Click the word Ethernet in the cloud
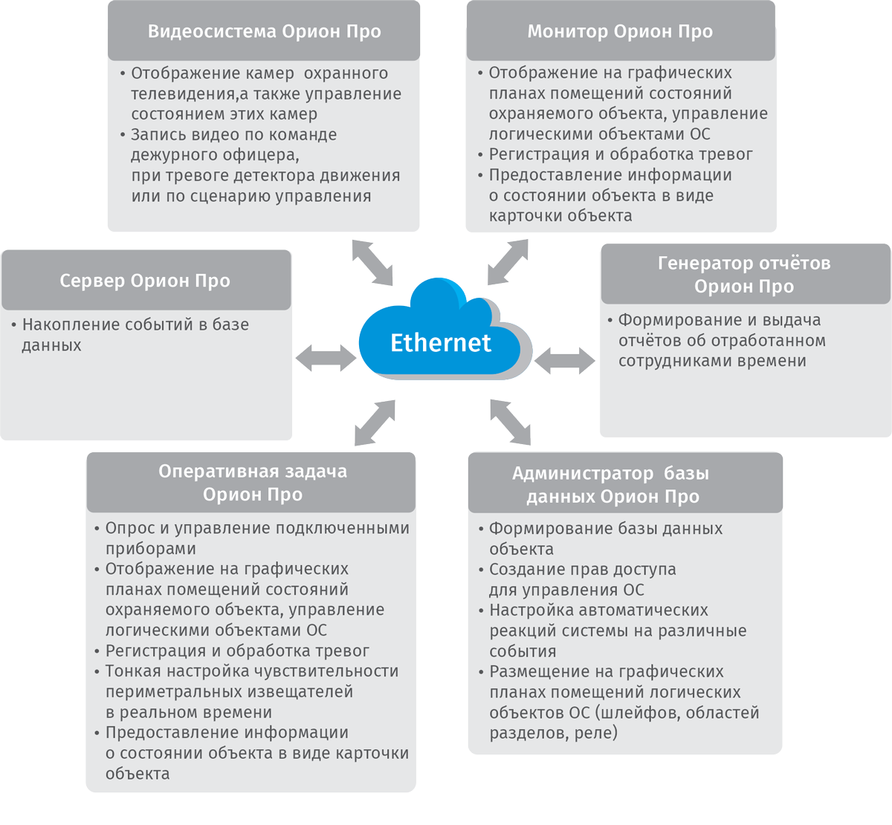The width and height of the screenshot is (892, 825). pyautogui.click(x=440, y=343)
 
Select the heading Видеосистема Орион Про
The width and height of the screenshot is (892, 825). pyautogui.click(x=264, y=32)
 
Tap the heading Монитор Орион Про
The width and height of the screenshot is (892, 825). pyautogui.click(x=620, y=32)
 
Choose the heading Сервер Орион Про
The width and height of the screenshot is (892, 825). pyautogui.click(x=145, y=281)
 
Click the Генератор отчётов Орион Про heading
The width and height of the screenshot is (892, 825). pyautogui.click(x=744, y=275)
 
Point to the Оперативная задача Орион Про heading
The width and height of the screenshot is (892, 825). pyautogui.click(x=253, y=483)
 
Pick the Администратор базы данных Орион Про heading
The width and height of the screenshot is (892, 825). pyautogui.click(x=611, y=485)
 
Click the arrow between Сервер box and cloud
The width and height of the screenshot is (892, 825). pyautogui.click(x=326, y=358)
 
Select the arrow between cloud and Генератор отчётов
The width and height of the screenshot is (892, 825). pyautogui.click(x=564, y=362)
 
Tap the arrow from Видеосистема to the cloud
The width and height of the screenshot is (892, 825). pyautogui.click(x=372, y=262)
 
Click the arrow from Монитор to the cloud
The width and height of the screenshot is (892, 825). pyautogui.click(x=508, y=261)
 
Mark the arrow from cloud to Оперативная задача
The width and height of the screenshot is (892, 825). pyautogui.click(x=375, y=423)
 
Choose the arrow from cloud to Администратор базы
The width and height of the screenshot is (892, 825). pyautogui.click(x=511, y=422)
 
